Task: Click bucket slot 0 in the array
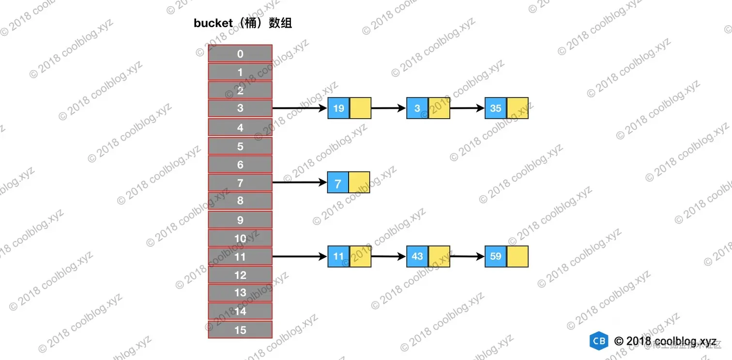click(x=240, y=54)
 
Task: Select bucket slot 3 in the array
click(x=240, y=108)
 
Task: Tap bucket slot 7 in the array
click(x=240, y=183)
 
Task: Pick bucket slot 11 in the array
click(x=240, y=256)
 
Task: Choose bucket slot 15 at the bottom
click(x=240, y=330)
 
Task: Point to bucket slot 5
click(x=240, y=146)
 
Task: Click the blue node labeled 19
click(x=338, y=108)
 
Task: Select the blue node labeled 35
click(x=495, y=108)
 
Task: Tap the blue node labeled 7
click(x=338, y=183)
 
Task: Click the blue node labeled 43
click(x=417, y=256)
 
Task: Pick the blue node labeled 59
click(x=495, y=256)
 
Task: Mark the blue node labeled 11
click(x=338, y=256)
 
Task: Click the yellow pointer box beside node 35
click(x=517, y=108)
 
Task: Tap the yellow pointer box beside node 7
click(x=359, y=182)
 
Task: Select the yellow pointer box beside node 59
click(x=517, y=256)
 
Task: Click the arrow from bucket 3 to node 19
click(x=300, y=108)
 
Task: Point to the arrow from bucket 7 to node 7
click(x=300, y=182)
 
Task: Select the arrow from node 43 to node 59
click(x=467, y=256)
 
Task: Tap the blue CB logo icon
click(x=599, y=341)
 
